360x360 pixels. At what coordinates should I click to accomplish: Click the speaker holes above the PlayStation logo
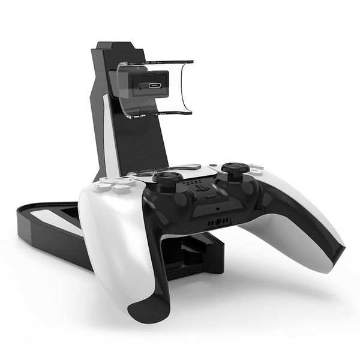coord(192,179)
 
